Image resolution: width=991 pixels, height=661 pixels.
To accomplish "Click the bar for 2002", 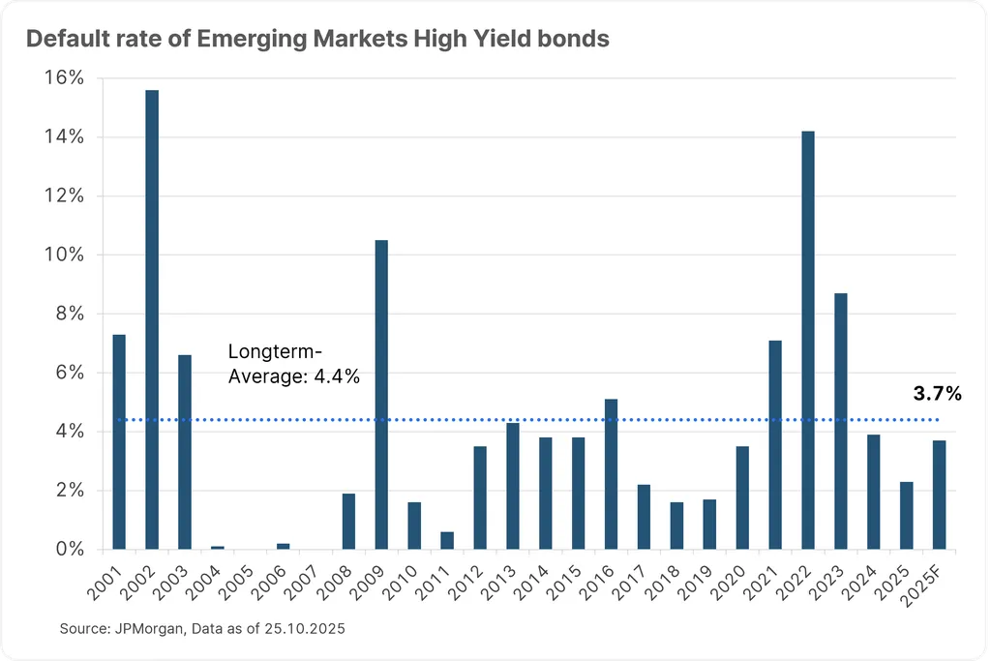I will (152, 319).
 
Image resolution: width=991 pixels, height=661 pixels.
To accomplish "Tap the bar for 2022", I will (808, 340).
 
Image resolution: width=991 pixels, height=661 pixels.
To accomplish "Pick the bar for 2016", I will (611, 473).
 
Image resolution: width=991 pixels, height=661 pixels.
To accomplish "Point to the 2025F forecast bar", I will (939, 495).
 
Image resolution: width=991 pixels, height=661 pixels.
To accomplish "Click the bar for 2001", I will (119, 441).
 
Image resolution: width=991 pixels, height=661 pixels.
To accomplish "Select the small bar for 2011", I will (447, 540).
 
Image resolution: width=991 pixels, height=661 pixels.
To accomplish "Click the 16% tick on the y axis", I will (64, 77).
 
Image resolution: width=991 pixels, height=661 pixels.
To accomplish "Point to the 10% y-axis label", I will (64, 255).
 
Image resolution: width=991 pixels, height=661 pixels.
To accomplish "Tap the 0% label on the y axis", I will (69, 549).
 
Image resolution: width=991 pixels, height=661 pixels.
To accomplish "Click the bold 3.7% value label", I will (937, 394).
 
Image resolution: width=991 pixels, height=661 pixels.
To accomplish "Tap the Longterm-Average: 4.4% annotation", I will (293, 365).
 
